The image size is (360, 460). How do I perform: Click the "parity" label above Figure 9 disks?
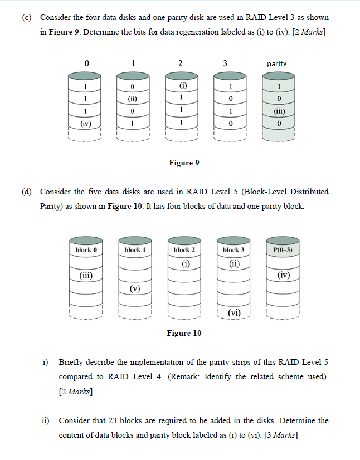[x=277, y=63]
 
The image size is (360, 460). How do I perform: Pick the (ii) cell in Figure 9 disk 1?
[x=132, y=99]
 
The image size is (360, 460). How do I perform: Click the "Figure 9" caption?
[x=184, y=163]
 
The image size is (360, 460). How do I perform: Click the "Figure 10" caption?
[x=184, y=333]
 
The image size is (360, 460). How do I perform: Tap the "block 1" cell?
[x=135, y=250]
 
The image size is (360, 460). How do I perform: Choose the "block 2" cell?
[x=184, y=251]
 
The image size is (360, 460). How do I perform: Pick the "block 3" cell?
[x=233, y=251]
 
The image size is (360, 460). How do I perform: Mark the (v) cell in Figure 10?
[x=135, y=288]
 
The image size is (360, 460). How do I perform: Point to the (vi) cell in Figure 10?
[x=233, y=313]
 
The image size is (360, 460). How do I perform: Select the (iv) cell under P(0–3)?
[x=283, y=275]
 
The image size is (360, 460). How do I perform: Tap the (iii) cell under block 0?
[x=85, y=275]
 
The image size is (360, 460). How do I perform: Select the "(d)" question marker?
[x=26, y=192]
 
